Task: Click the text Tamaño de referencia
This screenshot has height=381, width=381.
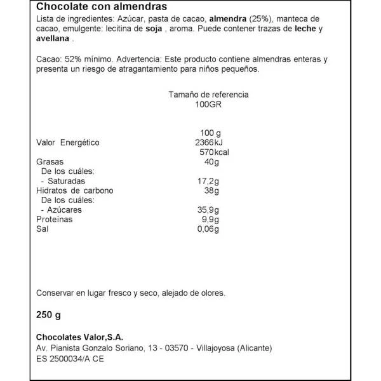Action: [x=208, y=95]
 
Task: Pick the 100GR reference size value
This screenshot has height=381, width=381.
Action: [x=208, y=105]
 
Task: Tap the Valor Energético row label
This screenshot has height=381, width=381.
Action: [x=68, y=142]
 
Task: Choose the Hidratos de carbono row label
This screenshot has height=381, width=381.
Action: [x=74, y=190]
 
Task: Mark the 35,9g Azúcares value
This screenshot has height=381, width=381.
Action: [x=208, y=210]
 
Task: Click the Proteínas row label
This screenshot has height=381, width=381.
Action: [x=54, y=220]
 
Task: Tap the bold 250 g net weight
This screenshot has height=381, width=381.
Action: [x=48, y=313]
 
